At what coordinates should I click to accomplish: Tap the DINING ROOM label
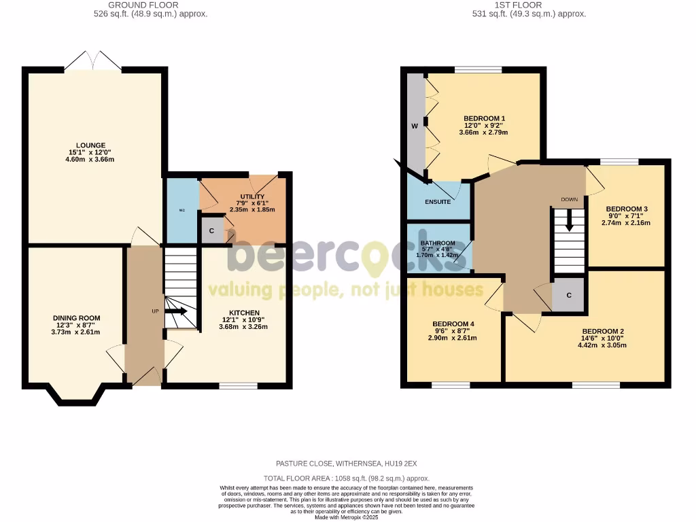point(77,318)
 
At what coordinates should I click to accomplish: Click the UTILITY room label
point(251,196)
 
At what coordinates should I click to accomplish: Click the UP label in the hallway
point(155,311)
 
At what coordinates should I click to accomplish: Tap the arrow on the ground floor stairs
point(179,311)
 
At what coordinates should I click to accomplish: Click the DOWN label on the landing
point(569,200)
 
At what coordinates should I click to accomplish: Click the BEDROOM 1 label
point(485,118)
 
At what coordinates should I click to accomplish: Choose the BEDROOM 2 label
point(597,332)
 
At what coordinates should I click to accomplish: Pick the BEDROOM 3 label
point(627,209)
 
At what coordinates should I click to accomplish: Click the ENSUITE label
point(438,202)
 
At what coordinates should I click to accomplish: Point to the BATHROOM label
point(438,243)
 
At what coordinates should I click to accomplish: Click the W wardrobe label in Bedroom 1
point(414,126)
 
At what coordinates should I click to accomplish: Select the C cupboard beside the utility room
point(212,231)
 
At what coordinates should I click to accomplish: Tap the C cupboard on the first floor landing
point(569,295)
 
